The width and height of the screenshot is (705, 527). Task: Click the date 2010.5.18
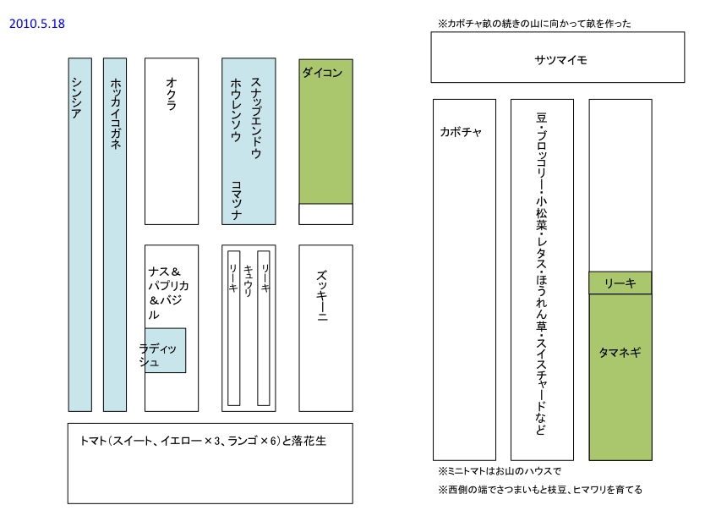[36, 24]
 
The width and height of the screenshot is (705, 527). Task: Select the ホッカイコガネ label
[115, 113]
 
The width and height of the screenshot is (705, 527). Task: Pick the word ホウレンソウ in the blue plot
[236, 109]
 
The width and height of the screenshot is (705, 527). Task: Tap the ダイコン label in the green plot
[322, 74]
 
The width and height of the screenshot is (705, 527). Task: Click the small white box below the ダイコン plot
[325, 214]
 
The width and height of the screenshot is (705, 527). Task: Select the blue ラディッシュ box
[166, 350]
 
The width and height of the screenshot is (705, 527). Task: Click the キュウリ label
[248, 280]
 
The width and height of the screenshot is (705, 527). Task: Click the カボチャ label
[461, 132]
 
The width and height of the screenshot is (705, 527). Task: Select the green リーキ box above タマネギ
[620, 283]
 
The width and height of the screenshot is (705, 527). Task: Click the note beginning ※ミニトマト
[500, 471]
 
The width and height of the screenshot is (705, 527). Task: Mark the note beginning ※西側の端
[540, 490]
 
